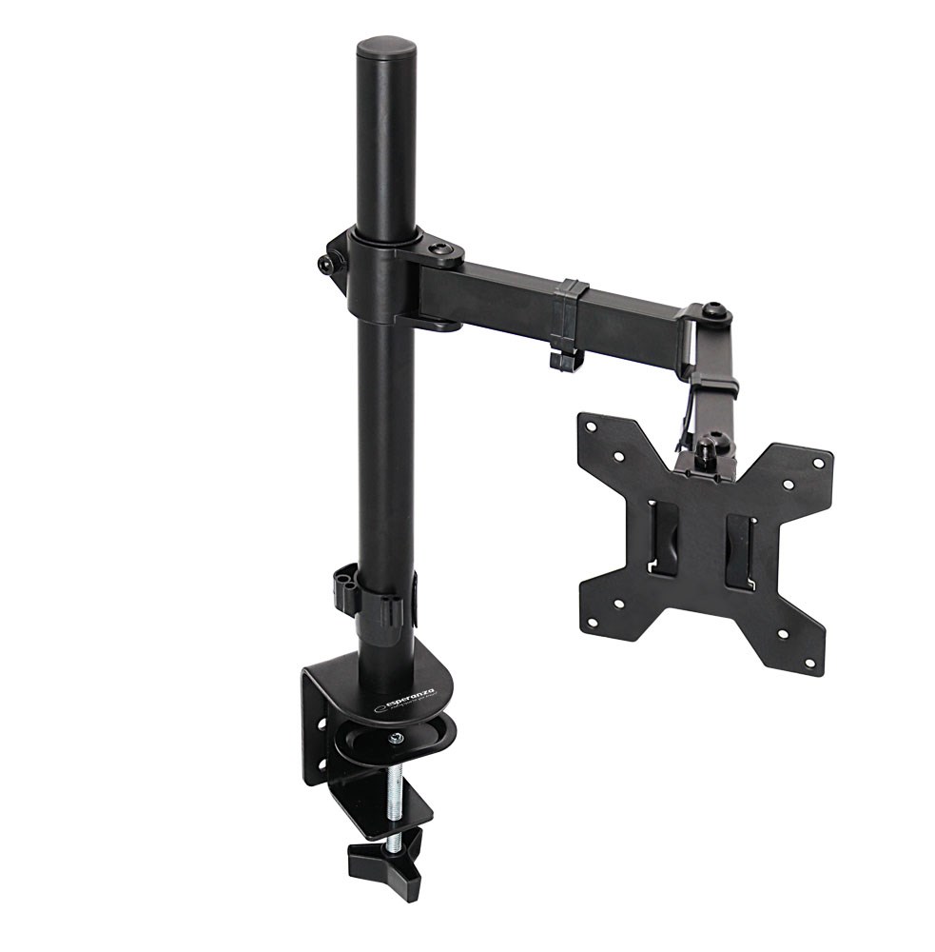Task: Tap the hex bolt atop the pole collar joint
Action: [438, 250]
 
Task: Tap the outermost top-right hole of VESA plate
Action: [816, 464]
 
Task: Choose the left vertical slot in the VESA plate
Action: [665, 538]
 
